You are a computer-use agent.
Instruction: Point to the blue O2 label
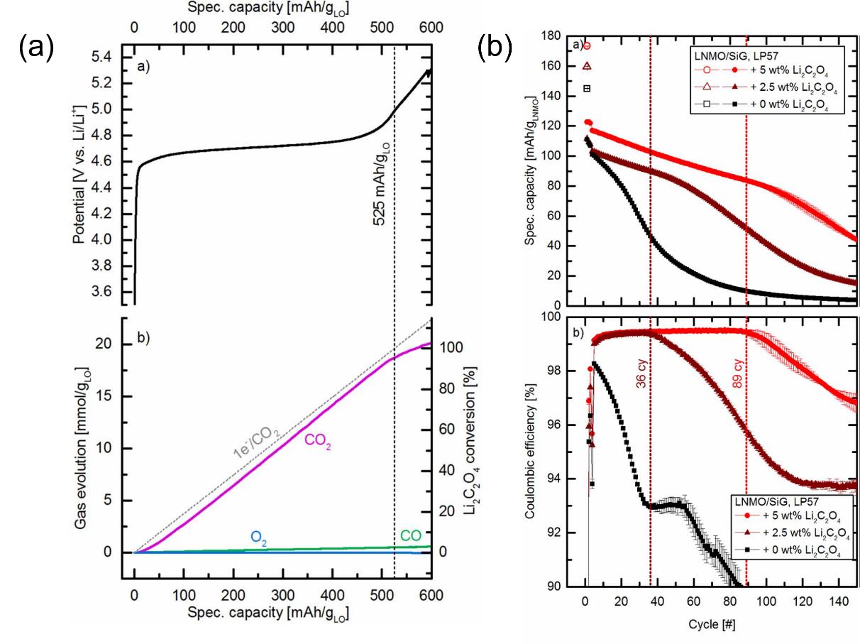click(x=260, y=537)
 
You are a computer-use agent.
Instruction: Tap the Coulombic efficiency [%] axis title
click(x=529, y=454)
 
